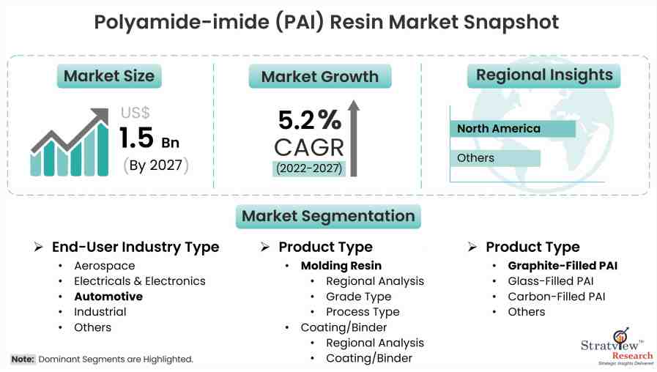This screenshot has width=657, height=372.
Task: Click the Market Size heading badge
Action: coord(109,76)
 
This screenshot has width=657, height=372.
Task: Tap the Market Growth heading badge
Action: coord(319,77)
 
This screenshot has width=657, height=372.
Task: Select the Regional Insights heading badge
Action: coord(544,75)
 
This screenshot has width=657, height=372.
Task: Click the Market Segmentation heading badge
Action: coord(327,216)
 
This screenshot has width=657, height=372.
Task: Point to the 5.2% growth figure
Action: coord(309,120)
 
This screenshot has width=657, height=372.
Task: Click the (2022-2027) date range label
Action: coord(310,168)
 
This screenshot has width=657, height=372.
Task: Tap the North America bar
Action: coord(513,129)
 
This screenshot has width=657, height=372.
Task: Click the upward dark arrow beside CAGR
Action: coord(354,139)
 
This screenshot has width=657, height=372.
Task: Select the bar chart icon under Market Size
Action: coord(69,144)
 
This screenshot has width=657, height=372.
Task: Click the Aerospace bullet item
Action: coord(105,266)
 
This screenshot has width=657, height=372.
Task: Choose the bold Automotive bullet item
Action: coord(108,297)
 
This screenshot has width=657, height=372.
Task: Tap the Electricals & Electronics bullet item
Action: coord(140,281)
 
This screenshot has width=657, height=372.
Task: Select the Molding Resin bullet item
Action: coord(341,266)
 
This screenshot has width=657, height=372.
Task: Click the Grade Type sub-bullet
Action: coord(359,297)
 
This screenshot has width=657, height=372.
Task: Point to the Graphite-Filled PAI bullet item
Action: coord(563,266)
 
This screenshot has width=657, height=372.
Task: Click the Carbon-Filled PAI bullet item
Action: coord(557,297)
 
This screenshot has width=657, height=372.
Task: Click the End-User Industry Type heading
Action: coord(136,248)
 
